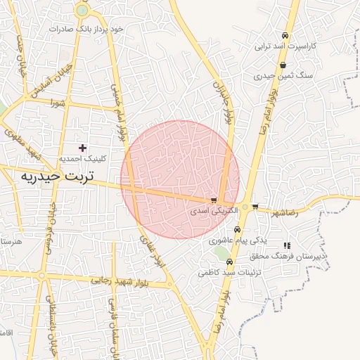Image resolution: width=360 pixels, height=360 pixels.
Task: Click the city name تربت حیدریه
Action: (x=56, y=174)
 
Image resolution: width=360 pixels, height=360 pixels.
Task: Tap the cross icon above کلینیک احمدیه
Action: (x=83, y=148)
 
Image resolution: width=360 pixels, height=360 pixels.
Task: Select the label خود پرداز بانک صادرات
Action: (x=86, y=28)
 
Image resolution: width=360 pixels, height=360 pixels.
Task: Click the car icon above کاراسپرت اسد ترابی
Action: (x=284, y=35)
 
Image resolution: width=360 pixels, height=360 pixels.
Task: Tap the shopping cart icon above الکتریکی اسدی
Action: (x=214, y=200)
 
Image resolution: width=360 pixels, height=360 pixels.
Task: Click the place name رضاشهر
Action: (x=283, y=211)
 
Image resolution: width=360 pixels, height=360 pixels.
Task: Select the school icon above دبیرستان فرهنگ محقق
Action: (x=287, y=245)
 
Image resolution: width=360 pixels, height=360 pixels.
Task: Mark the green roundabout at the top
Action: (x=83, y=11)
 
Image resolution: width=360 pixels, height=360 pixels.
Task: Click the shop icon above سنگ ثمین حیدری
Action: (x=283, y=65)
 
